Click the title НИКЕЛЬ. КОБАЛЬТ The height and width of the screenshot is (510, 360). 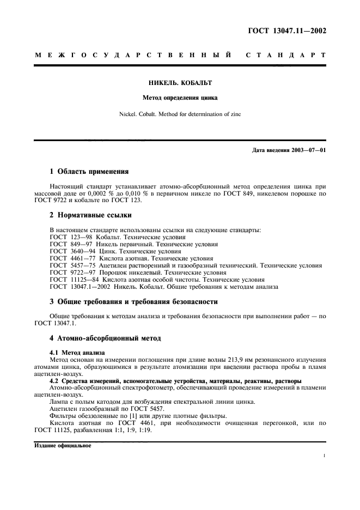(180, 83)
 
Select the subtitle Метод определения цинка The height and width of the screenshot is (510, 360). (180, 99)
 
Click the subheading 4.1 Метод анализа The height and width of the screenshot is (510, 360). (77, 353)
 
